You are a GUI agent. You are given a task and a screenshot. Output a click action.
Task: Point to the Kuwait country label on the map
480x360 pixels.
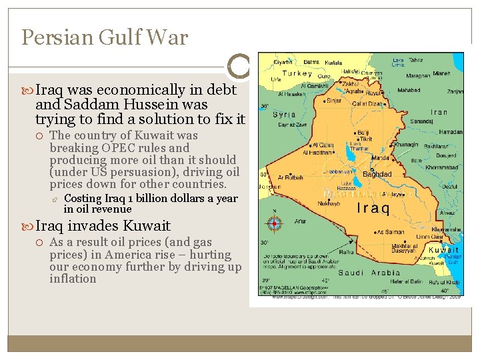click(444, 250)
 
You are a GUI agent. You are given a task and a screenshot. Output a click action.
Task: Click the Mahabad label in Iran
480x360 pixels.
click(409, 89)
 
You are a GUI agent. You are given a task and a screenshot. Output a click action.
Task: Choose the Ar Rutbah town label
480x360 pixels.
click(289, 178)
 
